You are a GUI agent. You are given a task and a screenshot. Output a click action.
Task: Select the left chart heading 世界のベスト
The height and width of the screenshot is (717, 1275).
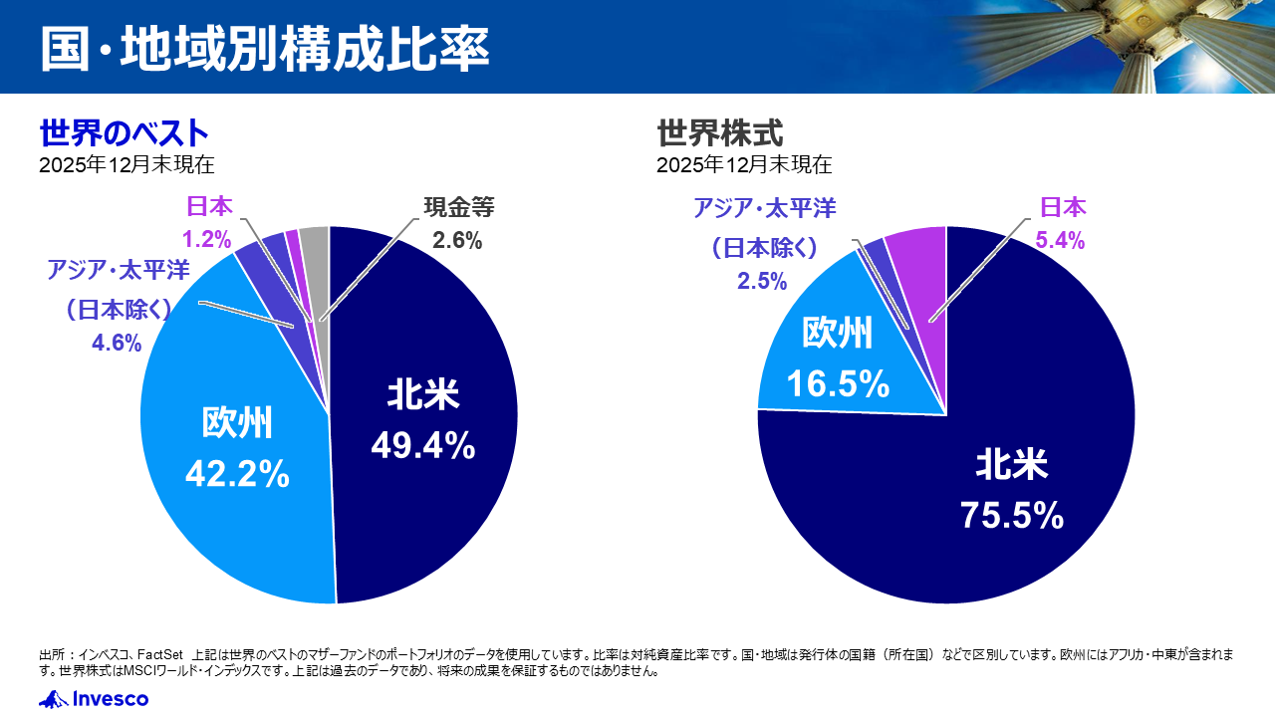[x=125, y=132]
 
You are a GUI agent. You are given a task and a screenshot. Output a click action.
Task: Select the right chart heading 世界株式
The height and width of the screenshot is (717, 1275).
[x=720, y=132]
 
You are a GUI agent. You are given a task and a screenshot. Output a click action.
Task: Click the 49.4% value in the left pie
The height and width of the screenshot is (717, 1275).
[x=422, y=447]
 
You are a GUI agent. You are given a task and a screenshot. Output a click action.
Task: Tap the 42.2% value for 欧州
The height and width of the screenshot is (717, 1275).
[x=237, y=474]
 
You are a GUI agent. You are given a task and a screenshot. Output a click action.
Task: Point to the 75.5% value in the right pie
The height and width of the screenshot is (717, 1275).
[x=1012, y=515]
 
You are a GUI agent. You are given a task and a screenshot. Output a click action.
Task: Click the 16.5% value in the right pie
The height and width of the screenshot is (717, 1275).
[x=837, y=382]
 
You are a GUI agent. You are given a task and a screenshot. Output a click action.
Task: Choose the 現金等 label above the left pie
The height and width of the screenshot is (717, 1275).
[x=458, y=207]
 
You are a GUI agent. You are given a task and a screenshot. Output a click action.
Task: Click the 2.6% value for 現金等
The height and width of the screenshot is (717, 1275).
[x=457, y=240]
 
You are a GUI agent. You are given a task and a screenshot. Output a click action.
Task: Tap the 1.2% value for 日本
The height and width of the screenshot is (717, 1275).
[x=206, y=239]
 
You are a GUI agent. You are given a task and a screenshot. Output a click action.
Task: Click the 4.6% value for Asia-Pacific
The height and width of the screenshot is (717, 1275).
[x=117, y=344]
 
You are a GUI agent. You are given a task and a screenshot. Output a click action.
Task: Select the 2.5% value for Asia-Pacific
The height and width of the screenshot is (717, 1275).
[x=762, y=281]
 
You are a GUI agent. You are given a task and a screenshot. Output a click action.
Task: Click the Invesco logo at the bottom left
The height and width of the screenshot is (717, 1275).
[x=94, y=699]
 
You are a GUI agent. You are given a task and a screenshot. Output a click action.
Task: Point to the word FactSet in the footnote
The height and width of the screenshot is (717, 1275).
[x=160, y=654]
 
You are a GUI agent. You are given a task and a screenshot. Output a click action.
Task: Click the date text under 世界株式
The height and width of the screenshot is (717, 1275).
[x=744, y=164]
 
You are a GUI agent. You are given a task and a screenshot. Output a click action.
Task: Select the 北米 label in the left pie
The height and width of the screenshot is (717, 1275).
[x=422, y=395]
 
